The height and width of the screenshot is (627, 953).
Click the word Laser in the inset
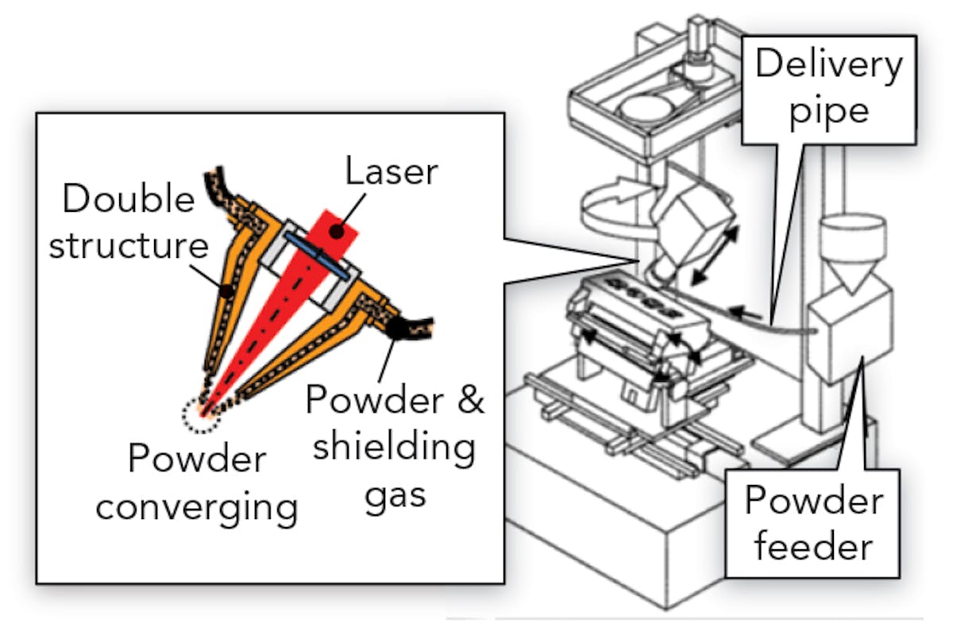pyautogui.click(x=389, y=170)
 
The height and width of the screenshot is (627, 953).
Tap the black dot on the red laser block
pyautogui.click(x=338, y=231)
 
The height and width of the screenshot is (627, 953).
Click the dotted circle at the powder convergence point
pyautogui.click(x=198, y=413)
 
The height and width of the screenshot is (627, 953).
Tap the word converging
pyautogui.click(x=197, y=506)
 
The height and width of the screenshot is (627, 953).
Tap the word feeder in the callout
pyautogui.click(x=811, y=547)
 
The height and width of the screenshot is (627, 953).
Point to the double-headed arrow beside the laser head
pyautogui.click(x=716, y=255)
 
